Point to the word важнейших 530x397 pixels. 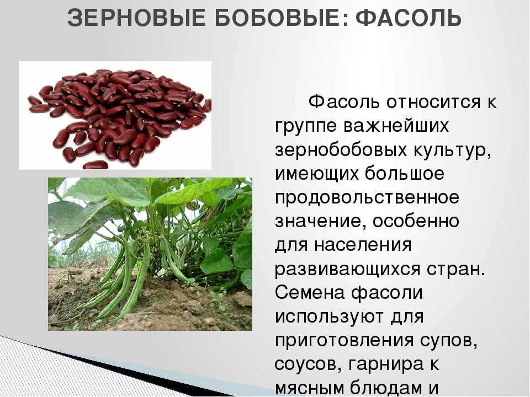point(396,126)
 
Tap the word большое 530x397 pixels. point(405,173)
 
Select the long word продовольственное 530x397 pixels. point(367,198)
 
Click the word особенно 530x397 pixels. point(416,222)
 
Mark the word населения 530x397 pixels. point(363,245)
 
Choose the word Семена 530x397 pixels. point(310,292)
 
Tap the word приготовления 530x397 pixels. point(344,341)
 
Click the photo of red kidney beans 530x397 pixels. point(115,115)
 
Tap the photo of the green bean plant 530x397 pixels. point(150,254)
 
